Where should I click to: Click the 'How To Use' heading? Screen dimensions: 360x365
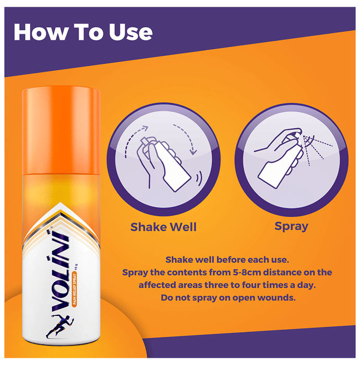(83, 32)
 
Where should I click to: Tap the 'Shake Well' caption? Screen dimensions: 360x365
(163, 227)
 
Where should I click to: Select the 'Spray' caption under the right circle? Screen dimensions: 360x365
(291, 226)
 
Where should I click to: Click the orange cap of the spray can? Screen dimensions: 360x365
(61, 130)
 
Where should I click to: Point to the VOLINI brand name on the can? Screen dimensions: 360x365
(61, 271)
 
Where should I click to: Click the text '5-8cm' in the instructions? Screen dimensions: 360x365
(247, 272)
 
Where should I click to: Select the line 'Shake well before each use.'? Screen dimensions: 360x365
(227, 260)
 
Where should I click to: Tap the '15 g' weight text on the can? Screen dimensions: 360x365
(76, 267)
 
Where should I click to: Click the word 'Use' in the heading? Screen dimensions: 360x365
(130, 32)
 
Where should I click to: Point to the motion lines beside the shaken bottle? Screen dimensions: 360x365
(199, 179)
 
